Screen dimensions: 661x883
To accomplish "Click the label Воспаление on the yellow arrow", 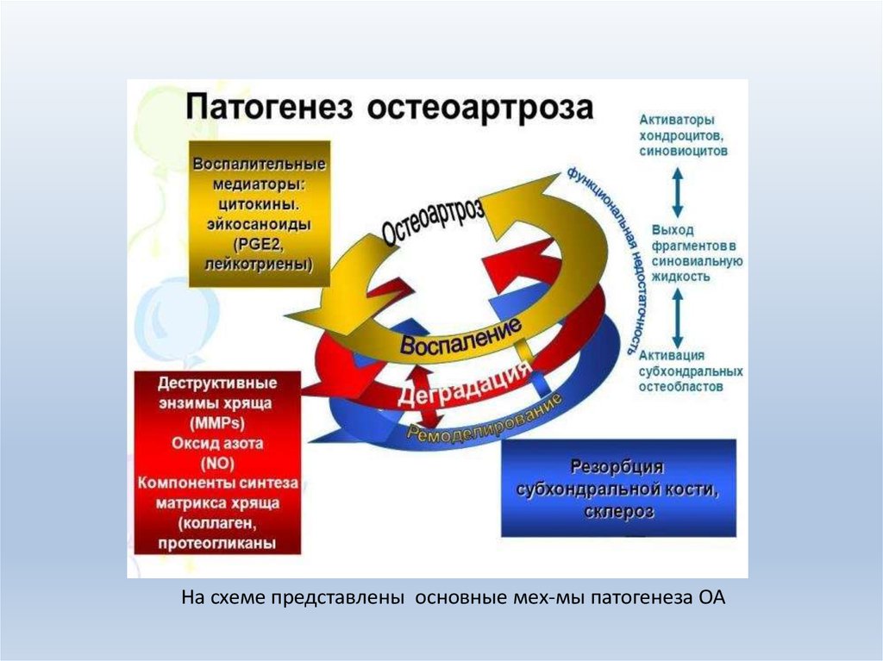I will (460, 336).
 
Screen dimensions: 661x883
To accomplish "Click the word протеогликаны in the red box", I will (216, 543).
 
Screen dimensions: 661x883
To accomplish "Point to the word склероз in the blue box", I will (617, 511).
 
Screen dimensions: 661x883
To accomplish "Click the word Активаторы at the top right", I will (675, 119).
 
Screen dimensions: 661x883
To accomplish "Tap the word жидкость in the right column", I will (681, 277).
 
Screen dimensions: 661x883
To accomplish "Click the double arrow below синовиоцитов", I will (678, 191).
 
